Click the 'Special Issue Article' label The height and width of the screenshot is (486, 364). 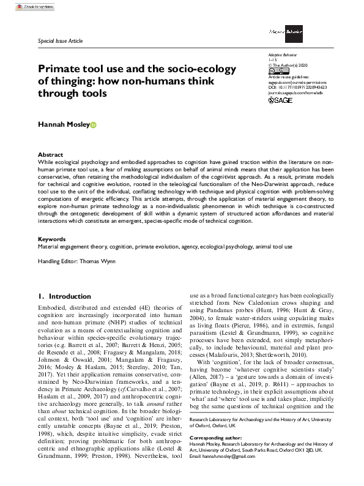(60, 41)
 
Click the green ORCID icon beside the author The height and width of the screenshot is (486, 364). (94, 125)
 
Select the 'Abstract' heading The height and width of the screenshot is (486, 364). (50, 154)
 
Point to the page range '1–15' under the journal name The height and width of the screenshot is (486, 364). (273, 59)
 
